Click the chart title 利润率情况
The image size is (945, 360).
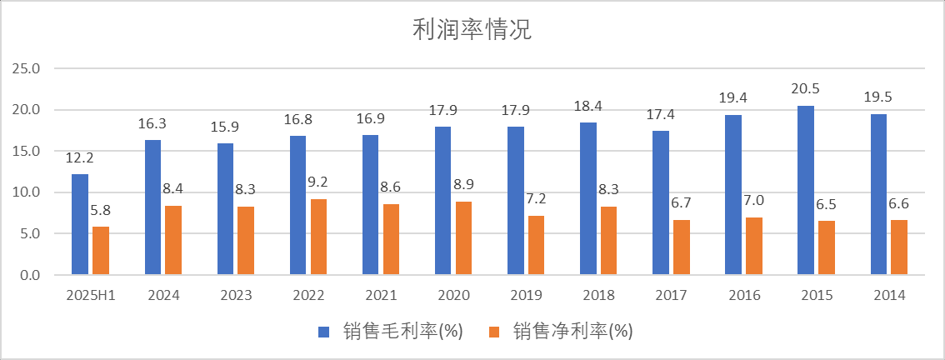point(472,30)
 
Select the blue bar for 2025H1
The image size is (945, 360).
point(80,224)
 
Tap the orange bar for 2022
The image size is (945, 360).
point(319,237)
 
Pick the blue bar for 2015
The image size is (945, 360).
point(806,190)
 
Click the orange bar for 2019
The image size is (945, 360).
point(537,245)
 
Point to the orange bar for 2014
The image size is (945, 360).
point(899,247)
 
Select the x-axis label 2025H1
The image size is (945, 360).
point(90,295)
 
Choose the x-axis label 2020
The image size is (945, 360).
point(454,295)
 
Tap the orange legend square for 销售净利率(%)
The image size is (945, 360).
point(494,332)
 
